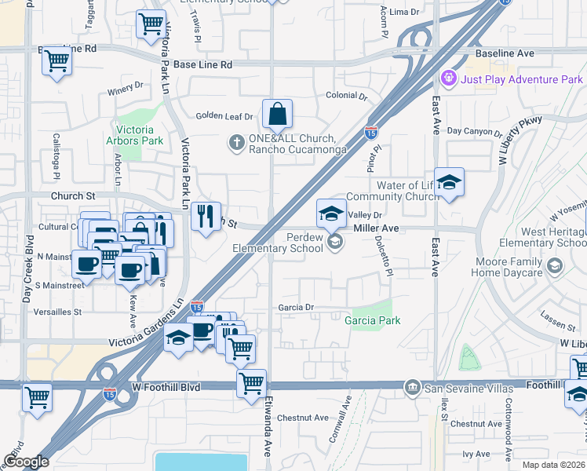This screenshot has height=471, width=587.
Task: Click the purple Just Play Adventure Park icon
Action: (x=449, y=78)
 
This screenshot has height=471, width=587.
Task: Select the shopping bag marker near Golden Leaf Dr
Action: (x=278, y=115)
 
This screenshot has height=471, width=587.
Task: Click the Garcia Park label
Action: (x=373, y=320)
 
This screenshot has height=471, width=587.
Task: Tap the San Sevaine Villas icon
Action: (x=412, y=387)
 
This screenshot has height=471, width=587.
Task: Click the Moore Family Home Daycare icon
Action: (x=555, y=266)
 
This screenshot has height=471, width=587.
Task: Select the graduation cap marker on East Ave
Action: (x=448, y=184)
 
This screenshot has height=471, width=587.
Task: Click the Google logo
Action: (x=25, y=462)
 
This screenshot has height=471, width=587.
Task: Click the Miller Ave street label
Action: (x=377, y=228)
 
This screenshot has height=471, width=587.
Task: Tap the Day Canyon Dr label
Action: (x=475, y=132)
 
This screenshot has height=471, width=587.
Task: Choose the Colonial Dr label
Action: (x=347, y=96)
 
